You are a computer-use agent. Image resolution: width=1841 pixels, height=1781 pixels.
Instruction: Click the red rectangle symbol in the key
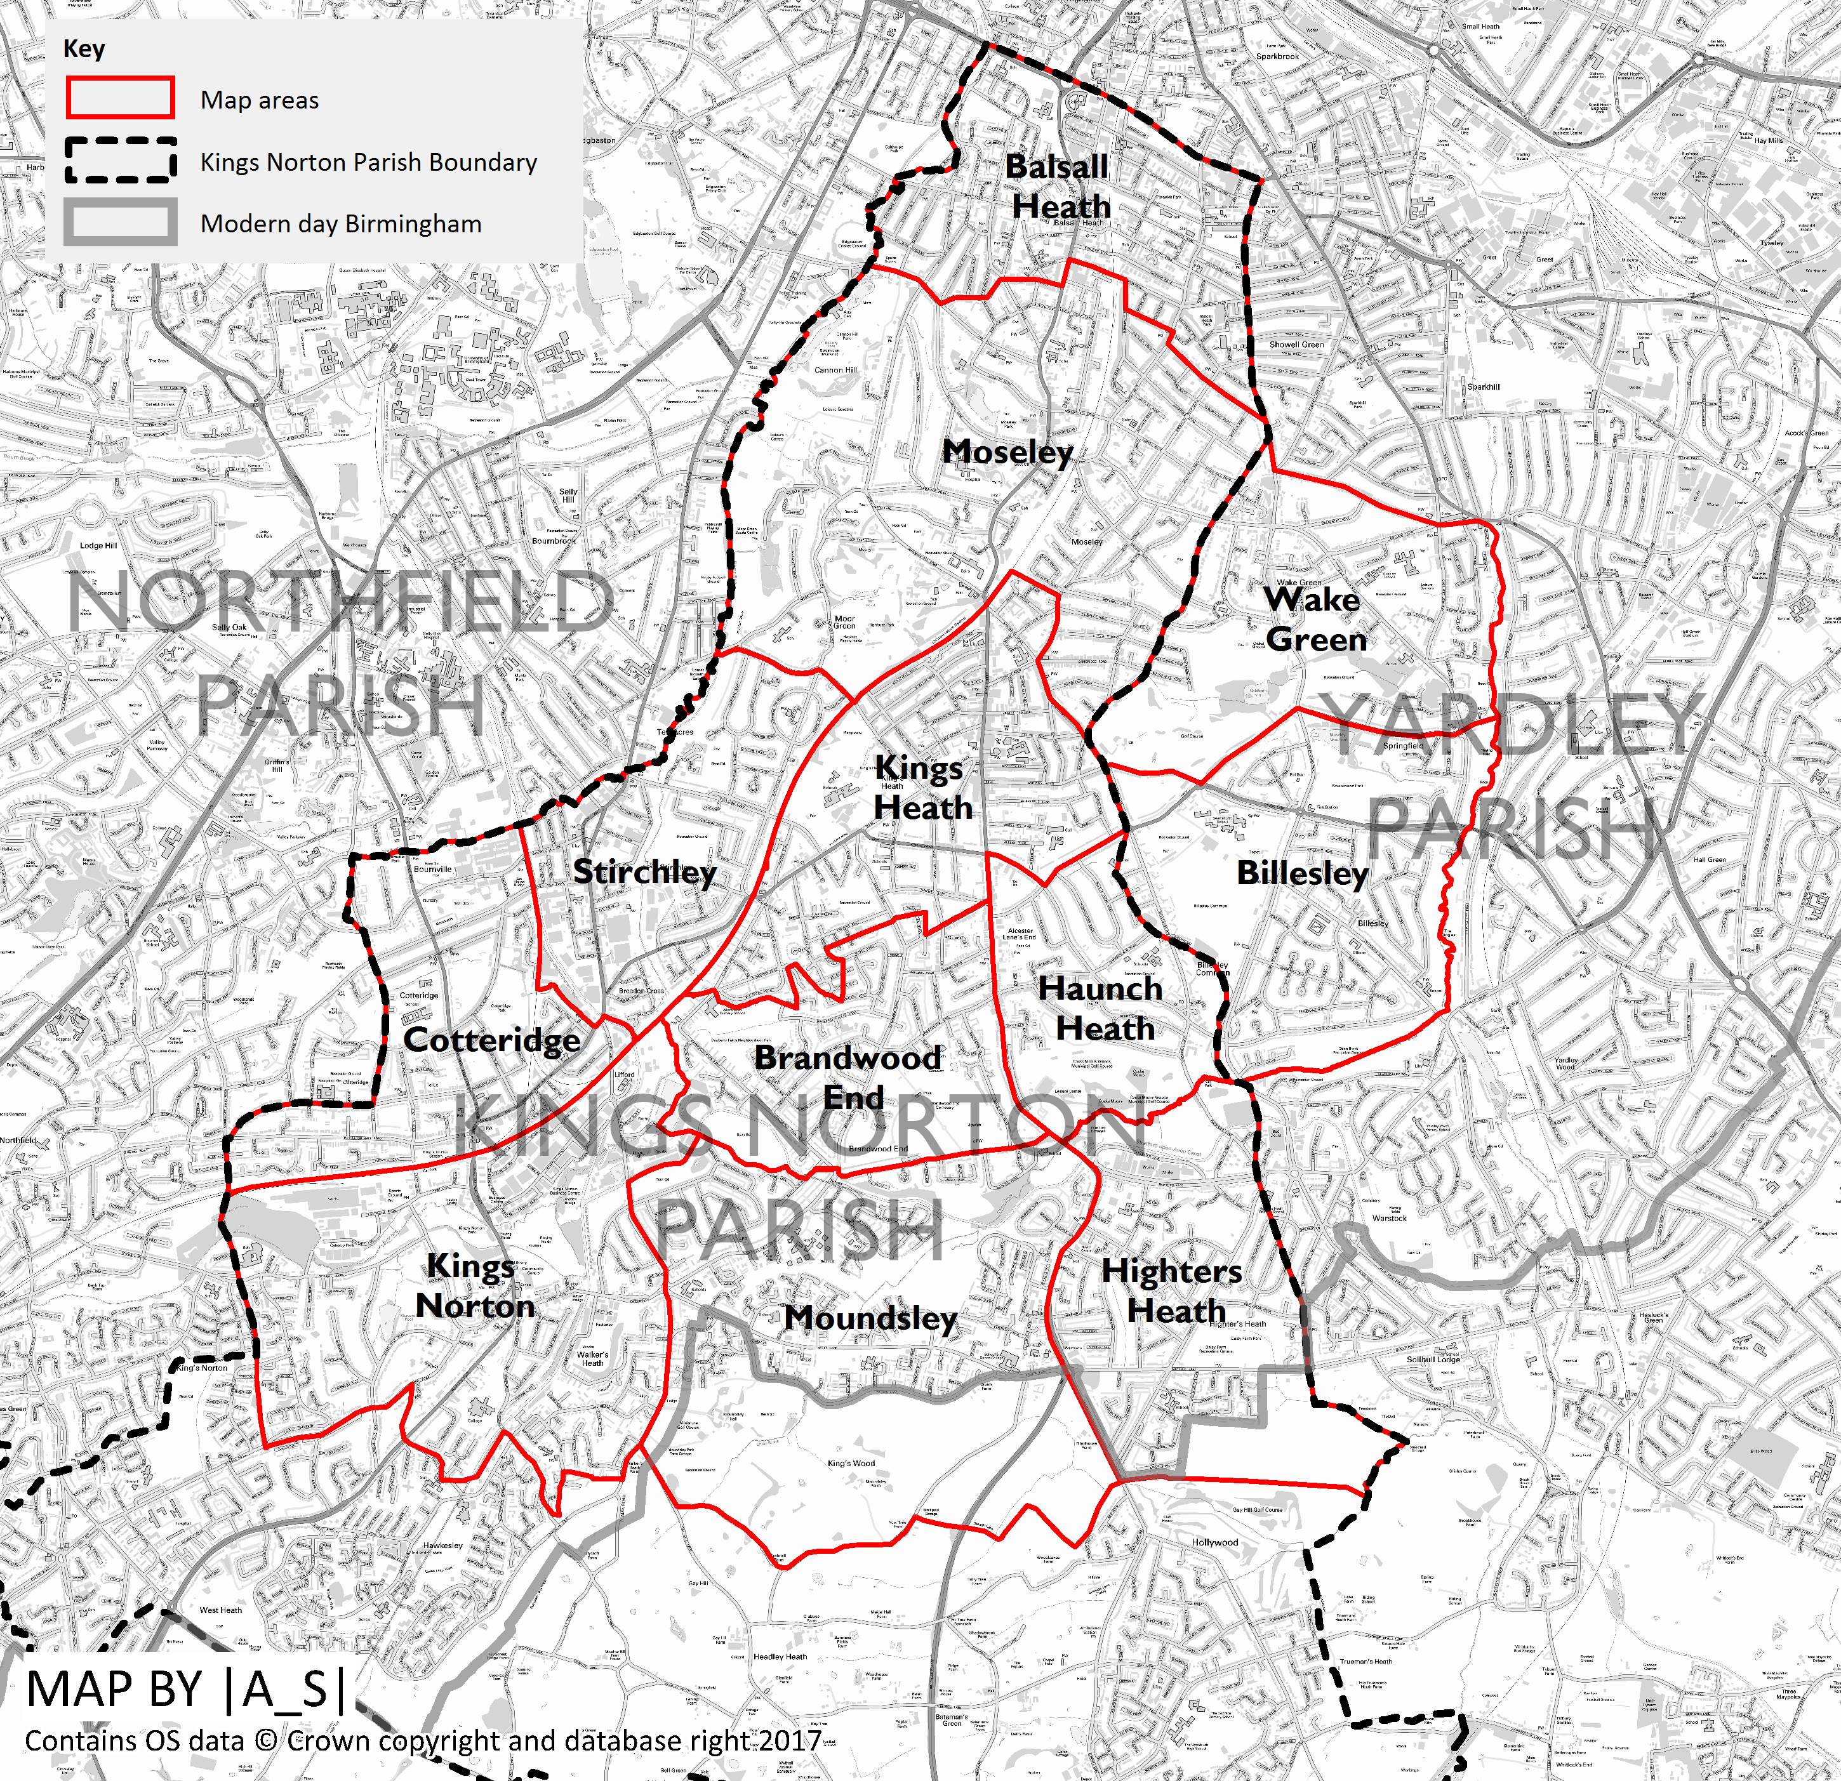click(120, 98)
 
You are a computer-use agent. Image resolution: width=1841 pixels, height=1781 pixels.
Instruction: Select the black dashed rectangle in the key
click(120, 161)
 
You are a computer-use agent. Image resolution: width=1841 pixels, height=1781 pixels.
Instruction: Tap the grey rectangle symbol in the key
click(120, 223)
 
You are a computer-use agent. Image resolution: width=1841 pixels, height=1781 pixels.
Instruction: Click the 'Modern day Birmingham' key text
click(340, 223)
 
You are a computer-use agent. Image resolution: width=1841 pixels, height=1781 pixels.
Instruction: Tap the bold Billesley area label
click(1302, 873)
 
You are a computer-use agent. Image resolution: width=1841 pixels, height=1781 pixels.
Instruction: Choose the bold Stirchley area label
click(644, 871)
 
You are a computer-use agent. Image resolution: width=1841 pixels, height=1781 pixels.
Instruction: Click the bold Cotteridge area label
click(491, 1040)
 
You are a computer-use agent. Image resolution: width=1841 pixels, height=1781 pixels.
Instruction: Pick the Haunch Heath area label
click(1103, 1008)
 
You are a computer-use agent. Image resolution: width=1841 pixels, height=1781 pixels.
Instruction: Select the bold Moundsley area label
click(871, 1318)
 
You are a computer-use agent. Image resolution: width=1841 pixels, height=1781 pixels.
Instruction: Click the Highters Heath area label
click(1173, 1290)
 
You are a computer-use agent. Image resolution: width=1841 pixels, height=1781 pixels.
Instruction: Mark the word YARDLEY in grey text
click(1510, 724)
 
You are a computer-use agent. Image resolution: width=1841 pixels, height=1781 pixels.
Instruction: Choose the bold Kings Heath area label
click(921, 787)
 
